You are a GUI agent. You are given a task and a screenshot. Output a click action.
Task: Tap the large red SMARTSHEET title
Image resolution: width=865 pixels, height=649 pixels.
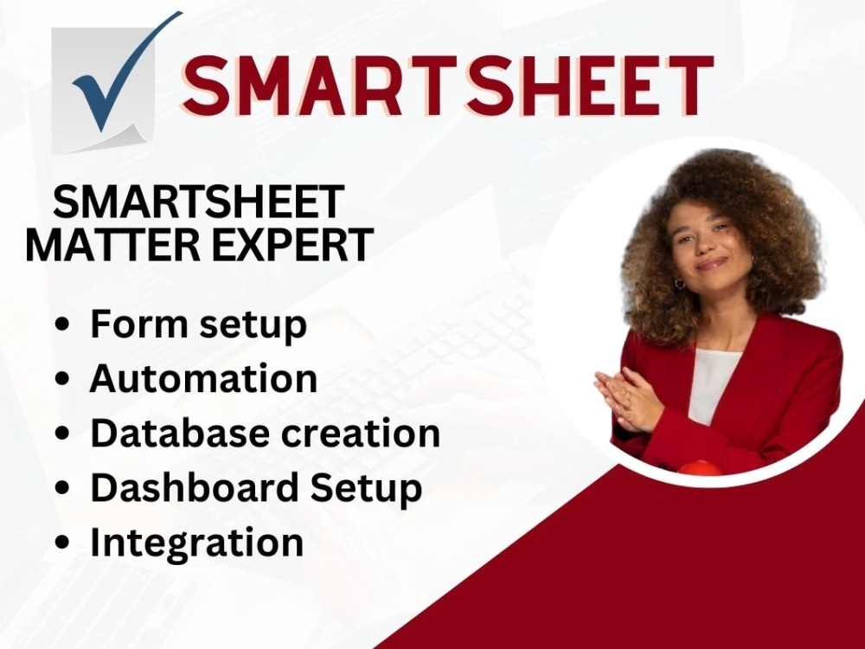tap(447, 85)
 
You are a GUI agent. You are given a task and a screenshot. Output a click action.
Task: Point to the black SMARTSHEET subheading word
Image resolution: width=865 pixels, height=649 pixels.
tap(198, 203)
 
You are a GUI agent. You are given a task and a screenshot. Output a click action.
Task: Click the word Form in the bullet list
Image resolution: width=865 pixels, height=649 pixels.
tap(132, 324)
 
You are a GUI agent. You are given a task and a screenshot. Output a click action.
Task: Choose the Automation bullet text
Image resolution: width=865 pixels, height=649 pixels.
tap(203, 379)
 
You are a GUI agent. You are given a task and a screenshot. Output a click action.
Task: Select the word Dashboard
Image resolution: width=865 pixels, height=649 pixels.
tap(188, 487)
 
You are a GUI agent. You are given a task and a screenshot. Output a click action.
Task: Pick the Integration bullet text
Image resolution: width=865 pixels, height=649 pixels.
tap(197, 543)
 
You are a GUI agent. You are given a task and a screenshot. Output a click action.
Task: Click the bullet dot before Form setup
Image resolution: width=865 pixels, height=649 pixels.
tap(62, 326)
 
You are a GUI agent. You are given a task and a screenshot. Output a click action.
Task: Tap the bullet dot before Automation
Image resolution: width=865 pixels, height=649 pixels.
tap(62, 381)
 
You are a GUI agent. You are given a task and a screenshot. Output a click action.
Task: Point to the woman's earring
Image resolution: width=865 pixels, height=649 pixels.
tap(679, 283)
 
